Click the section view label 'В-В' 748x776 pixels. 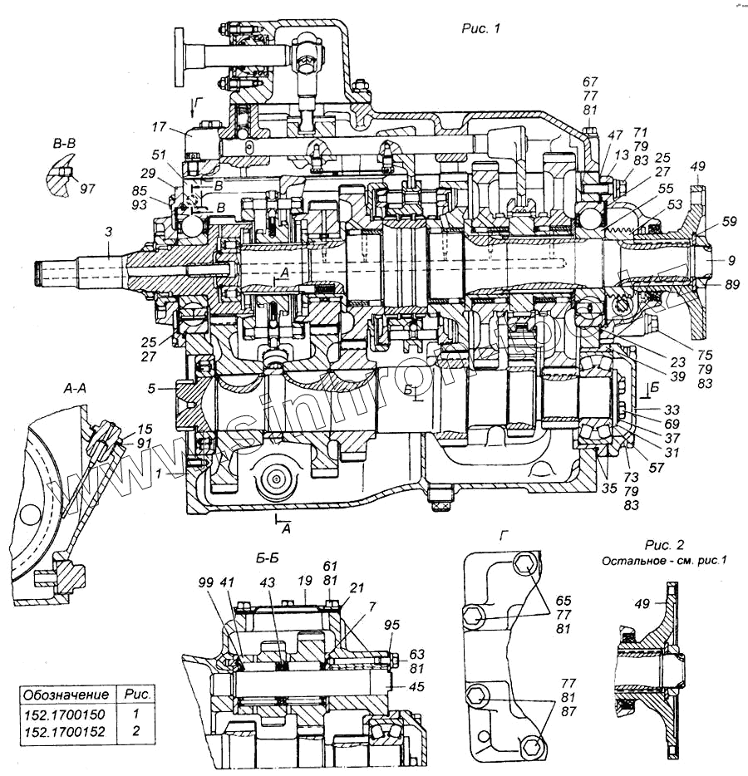pyautogui.click(x=66, y=146)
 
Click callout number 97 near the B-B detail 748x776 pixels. pyautogui.click(x=87, y=188)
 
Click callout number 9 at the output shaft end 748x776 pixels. pyautogui.click(x=731, y=261)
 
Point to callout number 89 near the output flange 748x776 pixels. pyautogui.click(x=731, y=284)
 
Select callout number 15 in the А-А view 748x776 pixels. pyautogui.click(x=145, y=429)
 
